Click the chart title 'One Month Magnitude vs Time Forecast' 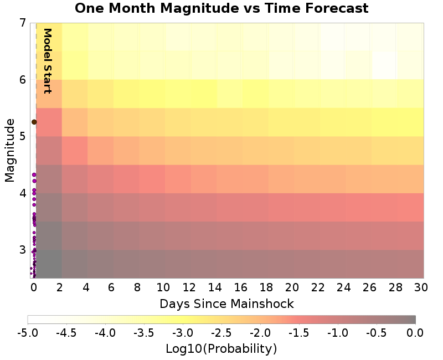(221, 8)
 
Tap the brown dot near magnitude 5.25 (34, 122)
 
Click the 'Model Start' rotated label (48, 61)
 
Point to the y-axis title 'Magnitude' (9, 150)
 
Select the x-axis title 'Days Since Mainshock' (226, 304)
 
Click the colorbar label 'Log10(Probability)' (221, 349)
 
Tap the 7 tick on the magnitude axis (23, 23)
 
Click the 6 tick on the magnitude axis (23, 80)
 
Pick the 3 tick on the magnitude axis (23, 249)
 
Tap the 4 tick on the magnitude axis (23, 193)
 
